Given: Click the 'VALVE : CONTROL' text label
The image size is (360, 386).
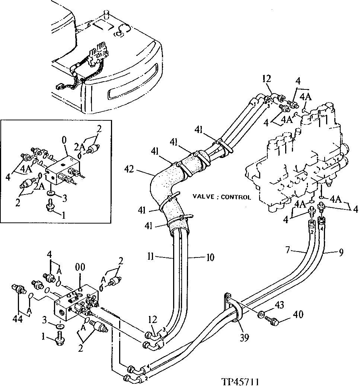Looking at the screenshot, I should (x=222, y=197).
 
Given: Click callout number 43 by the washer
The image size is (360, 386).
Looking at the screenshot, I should (x=280, y=306).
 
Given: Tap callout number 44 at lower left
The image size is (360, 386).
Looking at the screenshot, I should (x=17, y=319).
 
